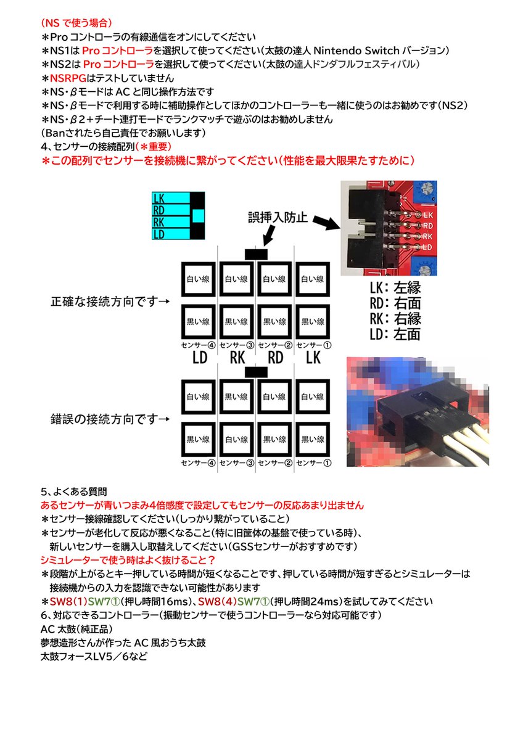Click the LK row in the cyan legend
pyautogui.click(x=171, y=199)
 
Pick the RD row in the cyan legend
pyautogui.click(x=171, y=211)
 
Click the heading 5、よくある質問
pyautogui.click(x=74, y=491)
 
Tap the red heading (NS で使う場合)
pyautogui.click(x=76, y=25)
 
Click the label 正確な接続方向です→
pyautogui.click(x=110, y=302)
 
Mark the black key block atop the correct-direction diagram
pyautogui.click(x=256, y=253)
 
